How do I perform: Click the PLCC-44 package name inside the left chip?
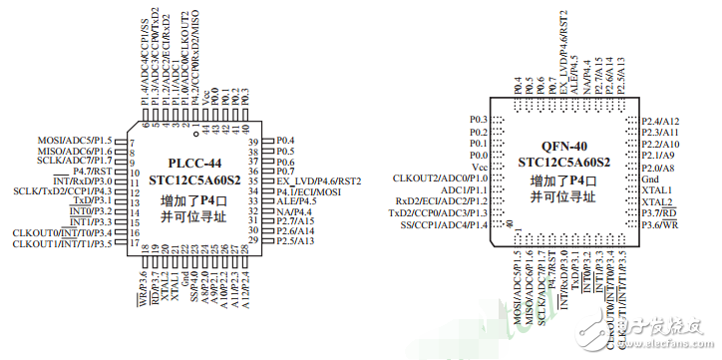195,161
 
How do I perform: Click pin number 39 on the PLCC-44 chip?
254,140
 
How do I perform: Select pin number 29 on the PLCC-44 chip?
254,241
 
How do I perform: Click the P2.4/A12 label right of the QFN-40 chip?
660,121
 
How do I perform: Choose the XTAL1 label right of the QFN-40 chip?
655,189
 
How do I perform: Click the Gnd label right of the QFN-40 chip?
649,179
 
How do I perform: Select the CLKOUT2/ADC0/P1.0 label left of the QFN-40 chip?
441,178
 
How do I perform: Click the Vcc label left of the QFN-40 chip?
479,167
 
